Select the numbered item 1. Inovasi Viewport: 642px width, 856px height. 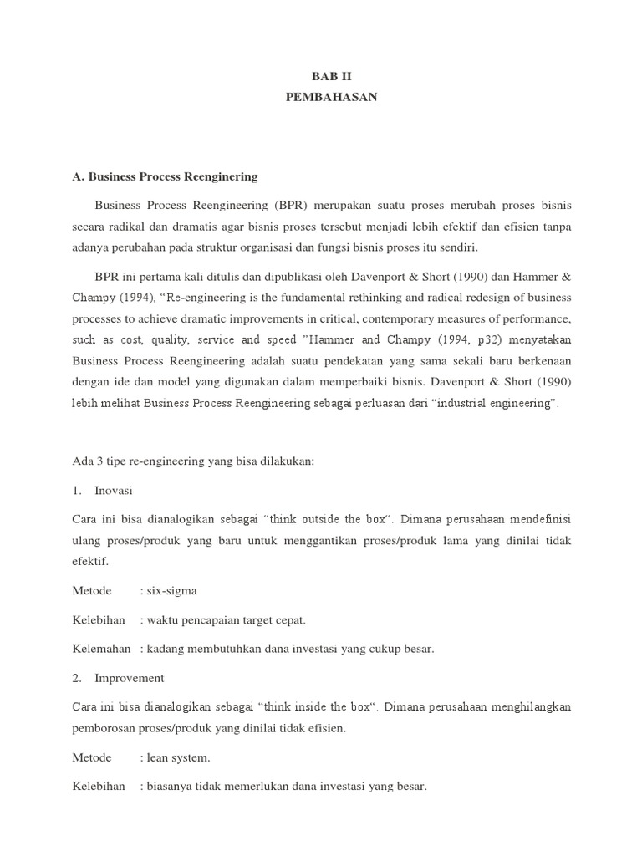click(103, 490)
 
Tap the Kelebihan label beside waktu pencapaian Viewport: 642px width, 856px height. click(99, 619)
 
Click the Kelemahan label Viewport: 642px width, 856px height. click(101, 649)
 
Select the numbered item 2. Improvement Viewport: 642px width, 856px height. click(118, 678)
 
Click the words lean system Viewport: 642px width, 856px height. click(178, 757)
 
